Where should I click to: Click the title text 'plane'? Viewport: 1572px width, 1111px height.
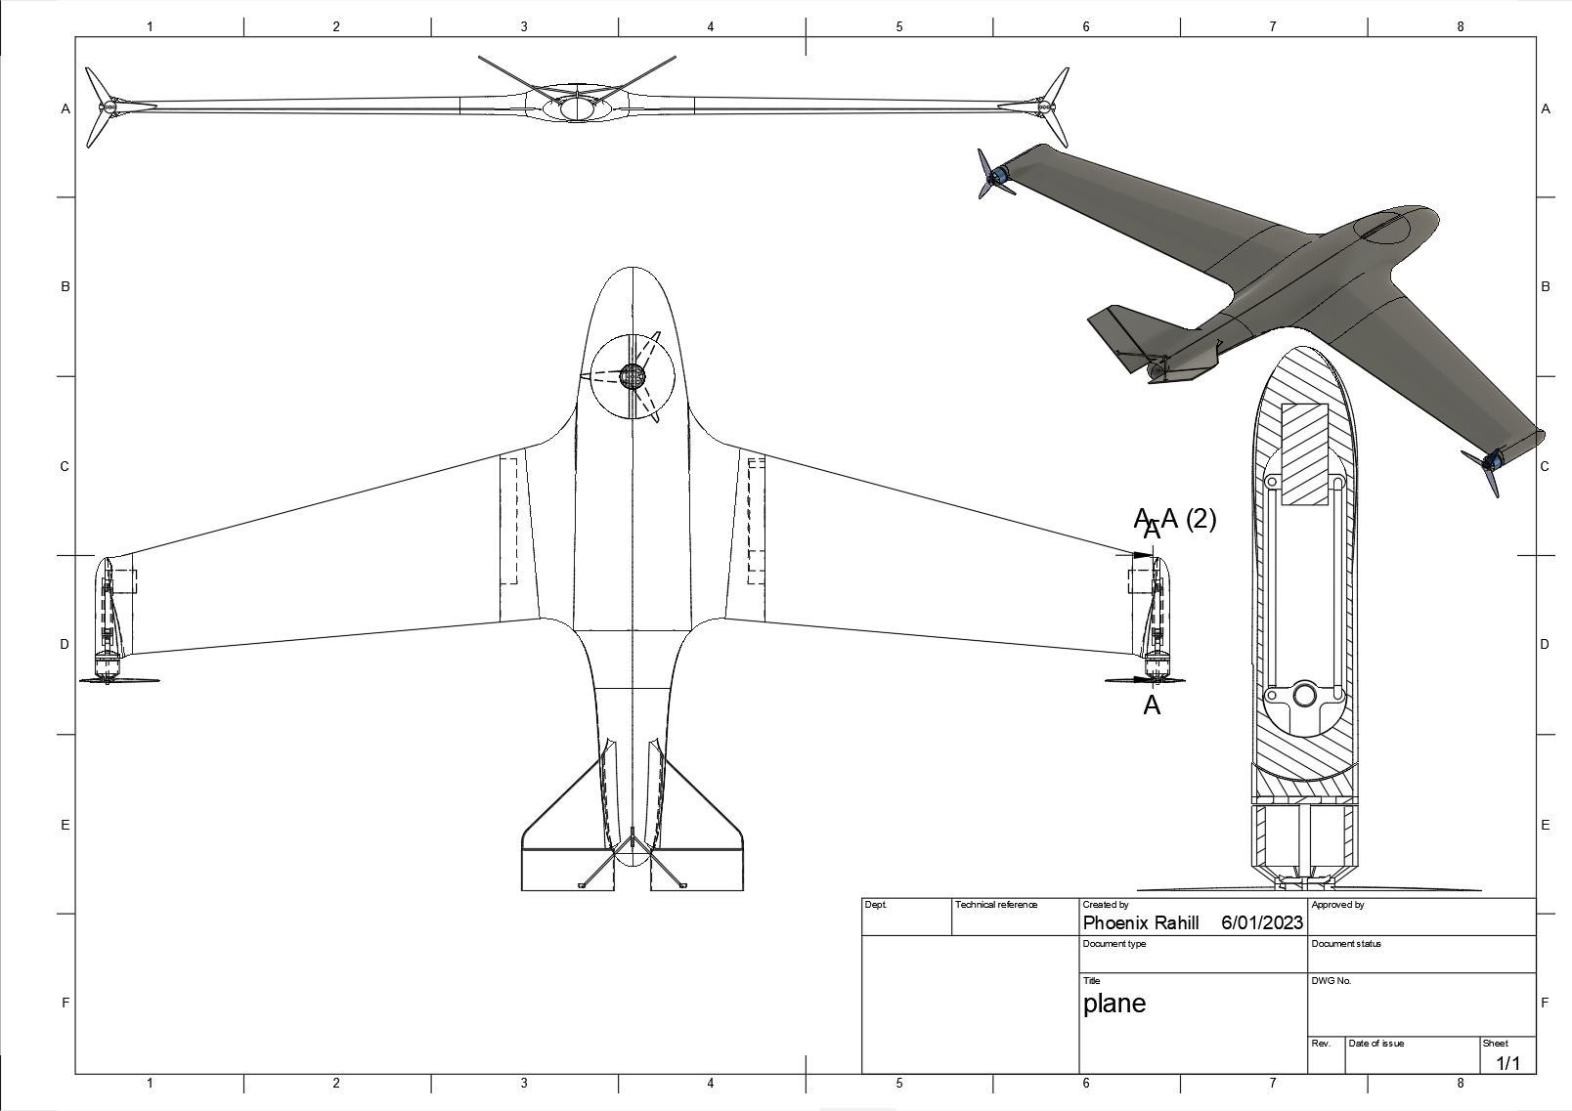point(1113,1004)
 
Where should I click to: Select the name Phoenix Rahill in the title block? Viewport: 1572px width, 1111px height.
point(1140,922)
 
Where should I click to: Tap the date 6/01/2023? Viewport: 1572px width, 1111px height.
point(1262,922)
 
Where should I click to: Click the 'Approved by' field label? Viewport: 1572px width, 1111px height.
point(1337,905)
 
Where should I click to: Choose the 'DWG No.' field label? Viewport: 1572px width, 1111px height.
point(1331,980)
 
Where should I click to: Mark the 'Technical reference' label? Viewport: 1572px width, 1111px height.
point(995,905)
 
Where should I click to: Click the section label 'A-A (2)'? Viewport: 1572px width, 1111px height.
point(1176,518)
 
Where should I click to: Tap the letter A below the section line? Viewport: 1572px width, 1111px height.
point(1152,705)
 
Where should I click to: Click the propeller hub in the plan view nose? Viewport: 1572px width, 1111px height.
point(633,375)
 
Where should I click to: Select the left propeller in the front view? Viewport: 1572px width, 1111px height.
point(102,107)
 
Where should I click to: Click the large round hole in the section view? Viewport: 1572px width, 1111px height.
point(1304,695)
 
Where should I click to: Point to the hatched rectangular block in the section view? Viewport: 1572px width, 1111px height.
point(1304,454)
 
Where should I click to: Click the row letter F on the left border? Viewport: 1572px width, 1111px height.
point(65,1003)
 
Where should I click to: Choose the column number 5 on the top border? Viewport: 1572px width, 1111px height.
point(899,26)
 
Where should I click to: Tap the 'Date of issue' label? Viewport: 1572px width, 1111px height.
point(1375,1044)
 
